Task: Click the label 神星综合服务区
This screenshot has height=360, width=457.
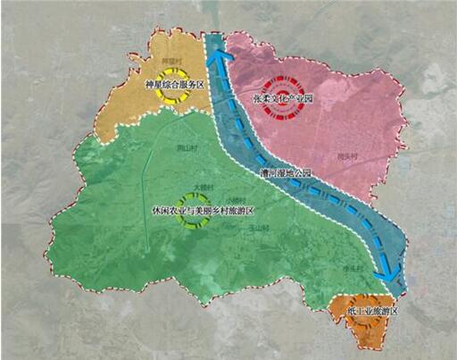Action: (x=175, y=86)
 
